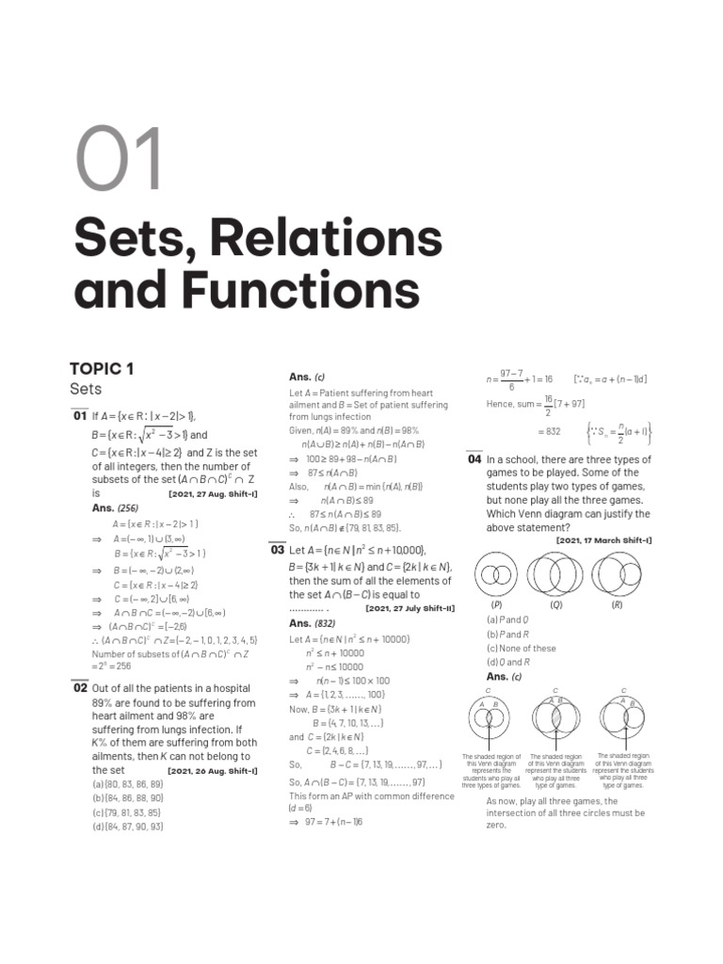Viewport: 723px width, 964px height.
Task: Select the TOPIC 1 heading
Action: [101, 368]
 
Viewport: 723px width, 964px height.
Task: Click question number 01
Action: [79, 416]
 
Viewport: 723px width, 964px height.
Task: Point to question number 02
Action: [79, 688]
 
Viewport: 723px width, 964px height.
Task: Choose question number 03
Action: [278, 551]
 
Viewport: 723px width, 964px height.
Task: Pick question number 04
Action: [474, 460]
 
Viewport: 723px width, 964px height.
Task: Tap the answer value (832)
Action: [325, 623]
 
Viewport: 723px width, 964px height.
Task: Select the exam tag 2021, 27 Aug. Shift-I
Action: [213, 493]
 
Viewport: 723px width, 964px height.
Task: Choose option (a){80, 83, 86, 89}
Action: [128, 784]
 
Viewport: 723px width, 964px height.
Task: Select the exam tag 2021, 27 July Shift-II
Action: [410, 609]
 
